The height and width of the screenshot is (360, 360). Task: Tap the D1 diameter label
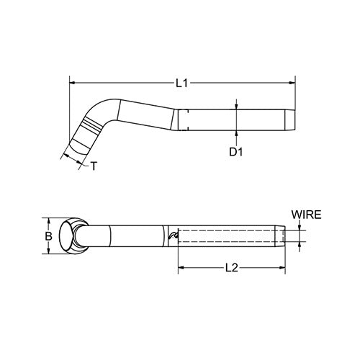[x=235, y=153]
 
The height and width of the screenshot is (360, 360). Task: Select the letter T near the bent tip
[x=94, y=167]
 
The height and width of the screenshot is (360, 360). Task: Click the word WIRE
[x=306, y=215]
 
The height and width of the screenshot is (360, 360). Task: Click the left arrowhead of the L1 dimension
[x=73, y=84]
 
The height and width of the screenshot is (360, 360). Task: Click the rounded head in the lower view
[x=73, y=235]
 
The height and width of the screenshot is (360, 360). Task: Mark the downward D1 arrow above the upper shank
[x=235, y=104]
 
